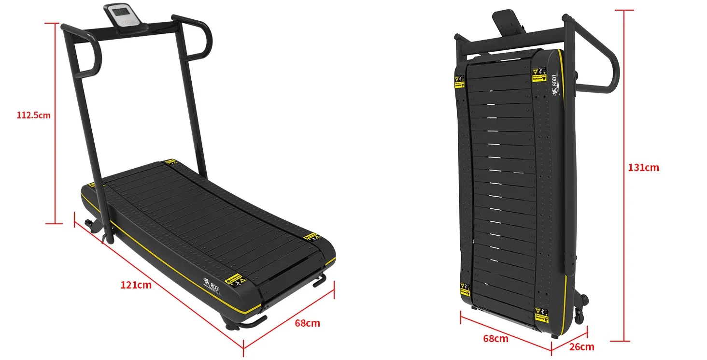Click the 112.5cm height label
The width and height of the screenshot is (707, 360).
[33, 115]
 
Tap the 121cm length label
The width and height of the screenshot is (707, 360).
[136, 285]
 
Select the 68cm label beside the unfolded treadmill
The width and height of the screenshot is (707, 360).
[307, 323]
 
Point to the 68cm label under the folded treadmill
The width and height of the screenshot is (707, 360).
[495, 338]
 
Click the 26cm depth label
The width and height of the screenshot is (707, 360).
[581, 346]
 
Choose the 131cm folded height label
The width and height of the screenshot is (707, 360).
[643, 168]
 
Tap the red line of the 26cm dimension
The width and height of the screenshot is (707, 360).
[570, 340]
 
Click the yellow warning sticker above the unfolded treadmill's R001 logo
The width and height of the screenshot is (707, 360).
[236, 279]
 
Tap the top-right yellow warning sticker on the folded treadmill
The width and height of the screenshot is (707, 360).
[538, 75]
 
